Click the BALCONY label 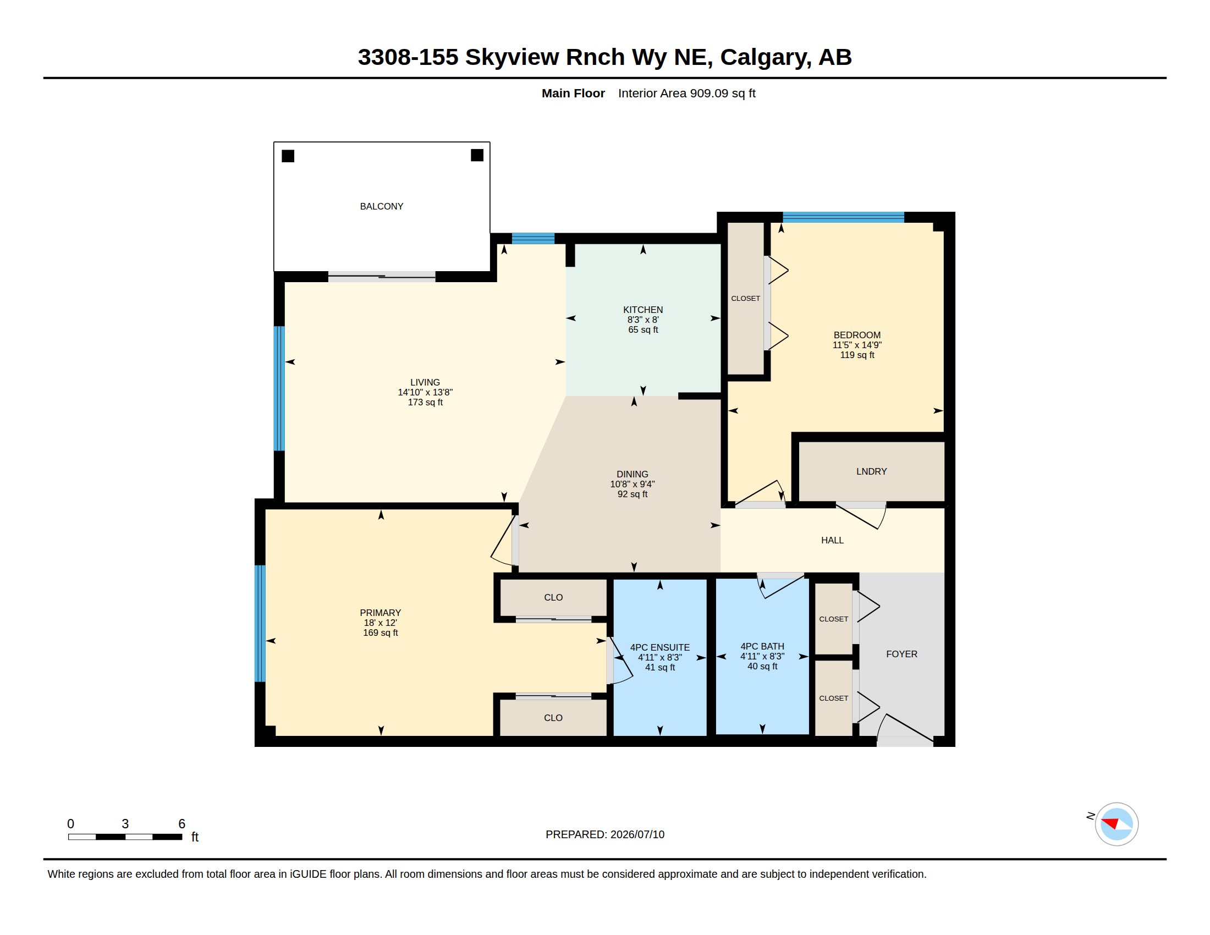coord(381,206)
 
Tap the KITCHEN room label coord(642,310)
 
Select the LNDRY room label coord(872,471)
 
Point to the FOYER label coord(901,654)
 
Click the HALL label coord(832,540)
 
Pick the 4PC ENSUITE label coord(660,647)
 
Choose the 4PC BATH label coord(762,646)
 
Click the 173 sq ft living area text coord(425,402)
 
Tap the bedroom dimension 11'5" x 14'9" coord(857,344)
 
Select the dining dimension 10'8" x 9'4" coord(632,483)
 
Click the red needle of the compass coord(1110,823)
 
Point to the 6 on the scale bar coord(182,824)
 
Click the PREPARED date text coord(605,834)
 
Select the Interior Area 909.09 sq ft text coord(686,93)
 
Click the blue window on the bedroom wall coord(843,217)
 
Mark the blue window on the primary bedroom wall coord(260,623)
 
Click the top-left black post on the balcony coord(288,156)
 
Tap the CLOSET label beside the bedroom coord(745,299)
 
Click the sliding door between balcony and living coord(382,277)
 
